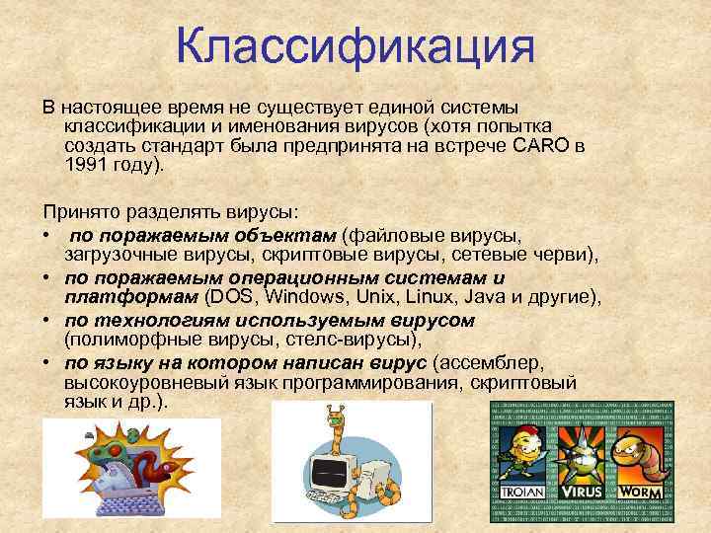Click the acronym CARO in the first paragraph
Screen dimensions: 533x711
click(x=541, y=146)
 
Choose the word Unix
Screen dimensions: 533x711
click(x=360, y=297)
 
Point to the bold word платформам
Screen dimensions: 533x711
click(x=130, y=297)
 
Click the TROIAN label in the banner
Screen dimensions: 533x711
click(x=521, y=491)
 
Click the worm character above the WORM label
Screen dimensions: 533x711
click(x=642, y=453)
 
